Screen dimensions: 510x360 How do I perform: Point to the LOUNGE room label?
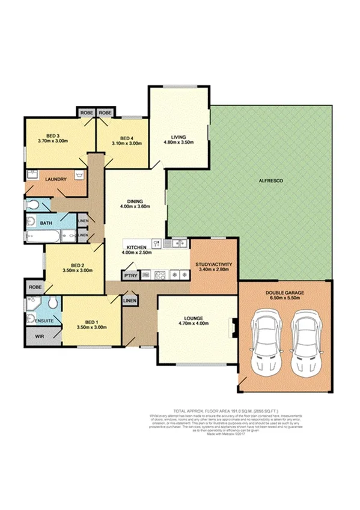[x=193, y=318]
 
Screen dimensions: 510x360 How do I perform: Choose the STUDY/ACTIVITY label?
[x=214, y=263]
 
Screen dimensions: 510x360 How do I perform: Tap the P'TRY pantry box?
[x=130, y=275]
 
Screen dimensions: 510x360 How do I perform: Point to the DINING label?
[x=135, y=202]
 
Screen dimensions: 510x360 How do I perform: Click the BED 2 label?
[x=76, y=265]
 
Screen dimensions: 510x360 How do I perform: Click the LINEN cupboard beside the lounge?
[x=130, y=300]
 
